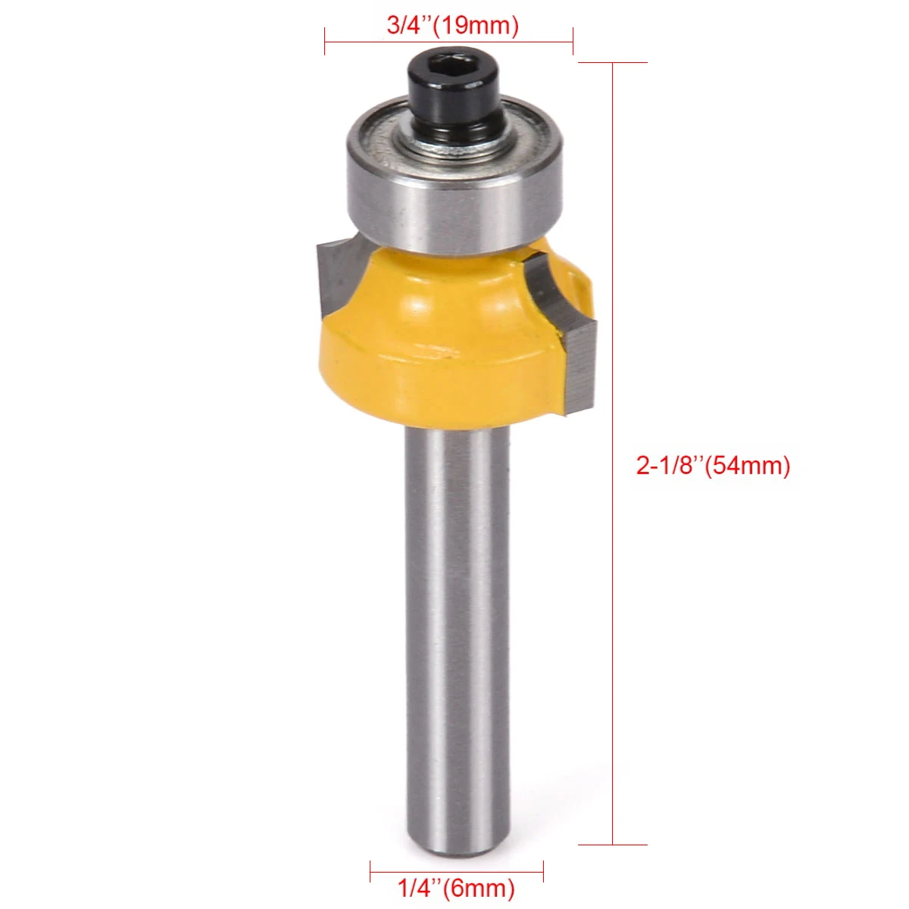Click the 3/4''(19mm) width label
click(x=452, y=25)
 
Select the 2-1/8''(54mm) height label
click(x=713, y=465)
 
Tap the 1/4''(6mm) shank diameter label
click(x=456, y=886)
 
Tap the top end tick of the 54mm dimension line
click(x=613, y=62)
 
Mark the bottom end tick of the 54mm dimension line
click(x=613, y=845)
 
